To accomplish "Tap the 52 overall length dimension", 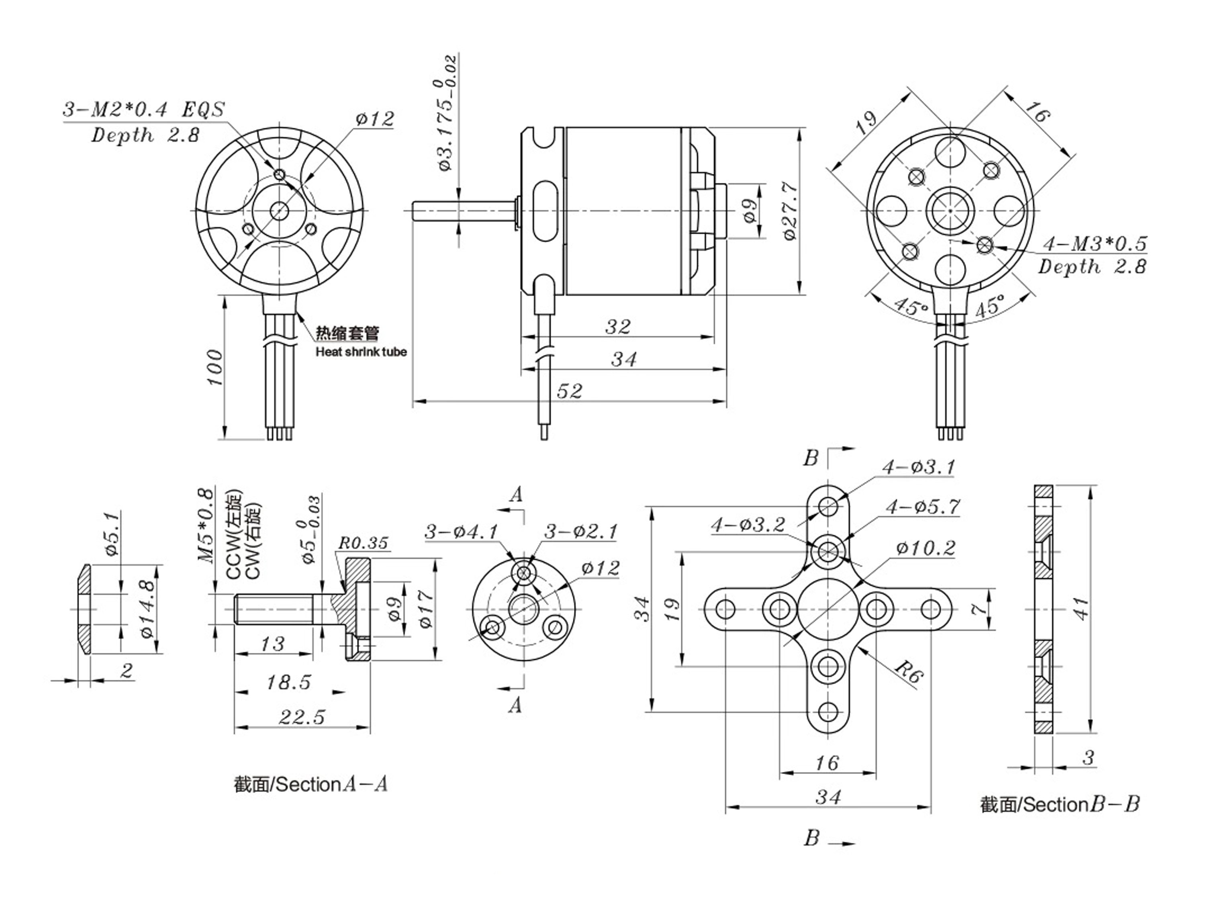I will tap(569, 391).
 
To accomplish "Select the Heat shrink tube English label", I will tap(361, 352).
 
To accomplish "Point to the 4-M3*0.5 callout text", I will tap(1095, 243).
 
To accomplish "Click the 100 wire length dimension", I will tap(216, 368).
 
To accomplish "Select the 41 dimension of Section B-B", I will tap(1081, 609).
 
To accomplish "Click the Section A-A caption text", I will tap(311, 785).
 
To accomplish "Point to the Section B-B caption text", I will tap(1060, 805).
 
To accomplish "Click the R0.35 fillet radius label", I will tap(364, 543).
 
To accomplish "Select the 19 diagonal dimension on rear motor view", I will tap(866, 124).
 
